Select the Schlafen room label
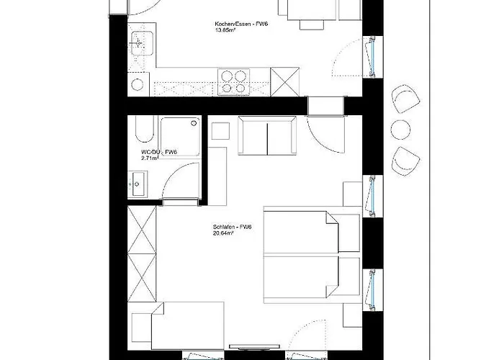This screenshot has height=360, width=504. point(232,227)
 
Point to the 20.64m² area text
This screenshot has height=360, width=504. point(223,233)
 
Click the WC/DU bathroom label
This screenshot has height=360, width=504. point(159,152)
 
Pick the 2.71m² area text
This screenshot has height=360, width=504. point(150,158)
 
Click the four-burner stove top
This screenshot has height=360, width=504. point(234,82)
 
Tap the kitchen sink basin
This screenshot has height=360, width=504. point(142,43)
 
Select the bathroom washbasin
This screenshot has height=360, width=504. point(138,184)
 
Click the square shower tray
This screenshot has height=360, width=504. point(180,137)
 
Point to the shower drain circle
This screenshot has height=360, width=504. point(194,123)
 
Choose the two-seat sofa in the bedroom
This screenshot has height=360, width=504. point(267,135)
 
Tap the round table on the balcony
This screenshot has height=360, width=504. point(400,130)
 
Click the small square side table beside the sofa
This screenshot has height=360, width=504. point(220,131)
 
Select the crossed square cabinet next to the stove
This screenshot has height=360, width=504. point(285,81)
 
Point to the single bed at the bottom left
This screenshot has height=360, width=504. point(187,325)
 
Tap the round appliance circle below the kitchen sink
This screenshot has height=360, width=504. point(138,84)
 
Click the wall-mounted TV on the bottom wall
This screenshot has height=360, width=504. point(254,346)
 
